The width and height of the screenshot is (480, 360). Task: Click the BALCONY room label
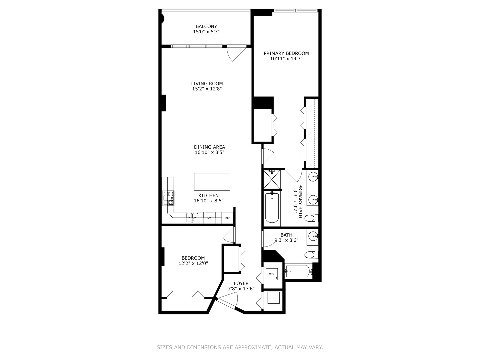pos(206,26)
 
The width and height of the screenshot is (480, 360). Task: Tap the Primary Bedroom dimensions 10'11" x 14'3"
pos(286,59)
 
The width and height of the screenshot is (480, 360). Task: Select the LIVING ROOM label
pos(207,84)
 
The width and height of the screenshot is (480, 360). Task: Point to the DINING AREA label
pos(209,147)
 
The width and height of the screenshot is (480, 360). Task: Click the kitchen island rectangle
pos(212,182)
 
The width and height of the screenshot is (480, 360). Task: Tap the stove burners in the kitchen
pos(168,198)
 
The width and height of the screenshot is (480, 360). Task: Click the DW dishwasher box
pos(210,218)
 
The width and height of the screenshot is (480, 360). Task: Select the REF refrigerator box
pos(227,218)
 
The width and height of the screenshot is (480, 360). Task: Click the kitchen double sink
pos(192,217)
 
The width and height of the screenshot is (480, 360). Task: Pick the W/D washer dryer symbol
pos(272,274)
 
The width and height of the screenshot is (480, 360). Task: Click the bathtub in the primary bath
pos(272,208)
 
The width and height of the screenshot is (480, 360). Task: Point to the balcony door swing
pos(233,54)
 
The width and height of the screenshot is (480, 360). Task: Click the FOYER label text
pos(241,283)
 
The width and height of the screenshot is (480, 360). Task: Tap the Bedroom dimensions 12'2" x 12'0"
pos(193,263)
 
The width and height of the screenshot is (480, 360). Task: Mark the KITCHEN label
pos(208,196)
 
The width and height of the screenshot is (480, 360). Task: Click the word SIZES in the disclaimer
pos(164,347)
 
